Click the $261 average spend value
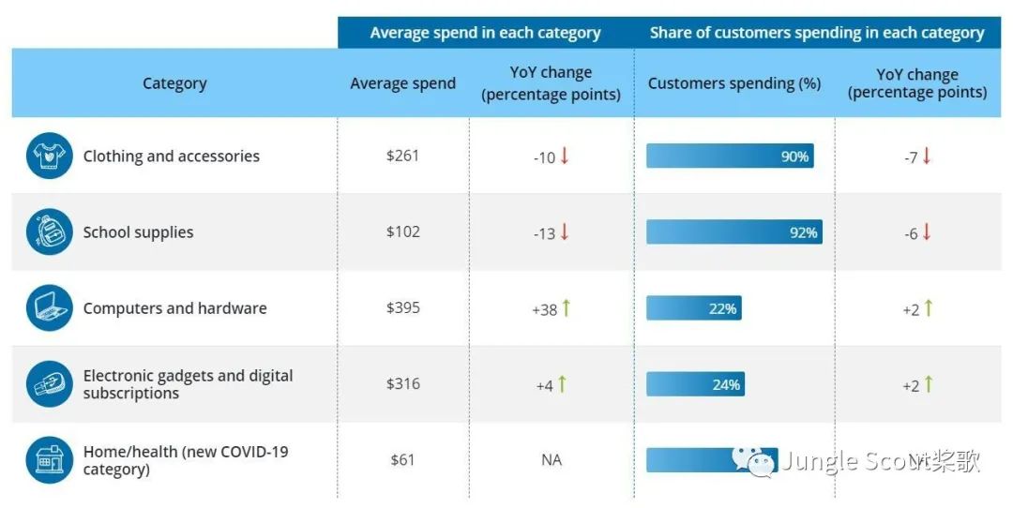point(402,156)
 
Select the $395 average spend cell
point(402,308)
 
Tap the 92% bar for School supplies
point(733,232)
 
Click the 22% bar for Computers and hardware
point(693,308)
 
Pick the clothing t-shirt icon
point(49,156)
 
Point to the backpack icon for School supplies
point(49,232)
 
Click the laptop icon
point(49,308)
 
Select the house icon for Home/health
point(49,460)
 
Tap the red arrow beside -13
point(565,232)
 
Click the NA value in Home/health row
point(551,460)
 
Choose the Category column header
point(174,83)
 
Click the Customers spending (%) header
point(733,83)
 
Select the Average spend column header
point(402,83)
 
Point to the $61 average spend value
point(402,460)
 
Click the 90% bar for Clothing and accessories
point(730,157)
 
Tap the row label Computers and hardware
point(174,308)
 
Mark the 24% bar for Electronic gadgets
point(695,384)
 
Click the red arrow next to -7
point(927,156)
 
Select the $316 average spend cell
point(402,384)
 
